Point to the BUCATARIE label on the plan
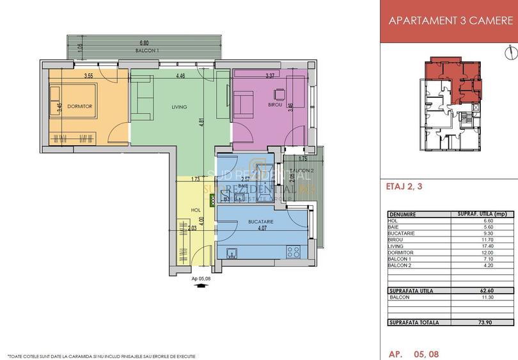[261, 221]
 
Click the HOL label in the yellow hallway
[197, 210]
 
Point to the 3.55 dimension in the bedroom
[89, 77]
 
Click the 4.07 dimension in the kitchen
[261, 228]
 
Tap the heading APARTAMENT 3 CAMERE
[451, 20]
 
